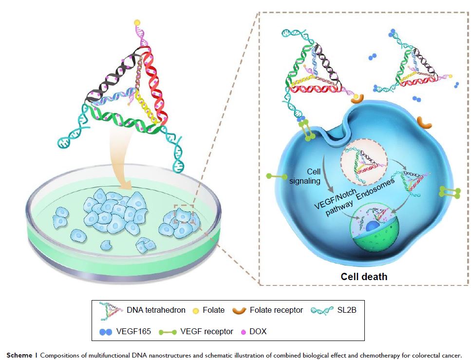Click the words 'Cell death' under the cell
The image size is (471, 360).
pyautogui.click(x=364, y=277)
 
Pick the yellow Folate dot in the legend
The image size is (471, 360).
pyautogui.click(x=196, y=310)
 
